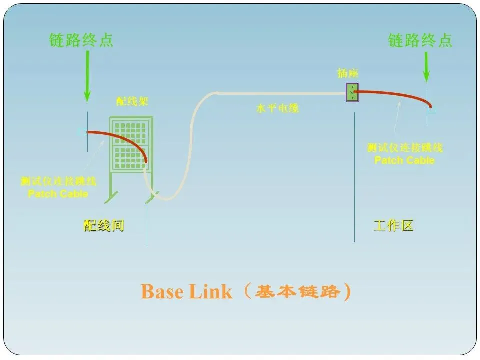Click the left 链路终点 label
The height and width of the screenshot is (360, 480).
pos(81,40)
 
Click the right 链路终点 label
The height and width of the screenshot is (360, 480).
pos(420,40)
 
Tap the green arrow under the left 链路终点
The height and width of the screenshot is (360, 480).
pos(87,75)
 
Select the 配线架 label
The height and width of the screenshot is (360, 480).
pos(132,102)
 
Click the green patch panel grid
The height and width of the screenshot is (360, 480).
pos(131,142)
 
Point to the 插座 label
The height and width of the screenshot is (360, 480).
pos(348,73)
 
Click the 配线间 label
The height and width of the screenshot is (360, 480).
pos(103,226)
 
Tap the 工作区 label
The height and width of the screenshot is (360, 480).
pos(393,226)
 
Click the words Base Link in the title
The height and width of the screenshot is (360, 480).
pos(186,292)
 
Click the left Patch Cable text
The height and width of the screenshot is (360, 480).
pos(58,194)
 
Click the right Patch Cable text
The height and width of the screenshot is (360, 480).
pos(404,160)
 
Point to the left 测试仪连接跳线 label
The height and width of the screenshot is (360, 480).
pos(58,181)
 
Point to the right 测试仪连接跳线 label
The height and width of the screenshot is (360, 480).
pos(404,148)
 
